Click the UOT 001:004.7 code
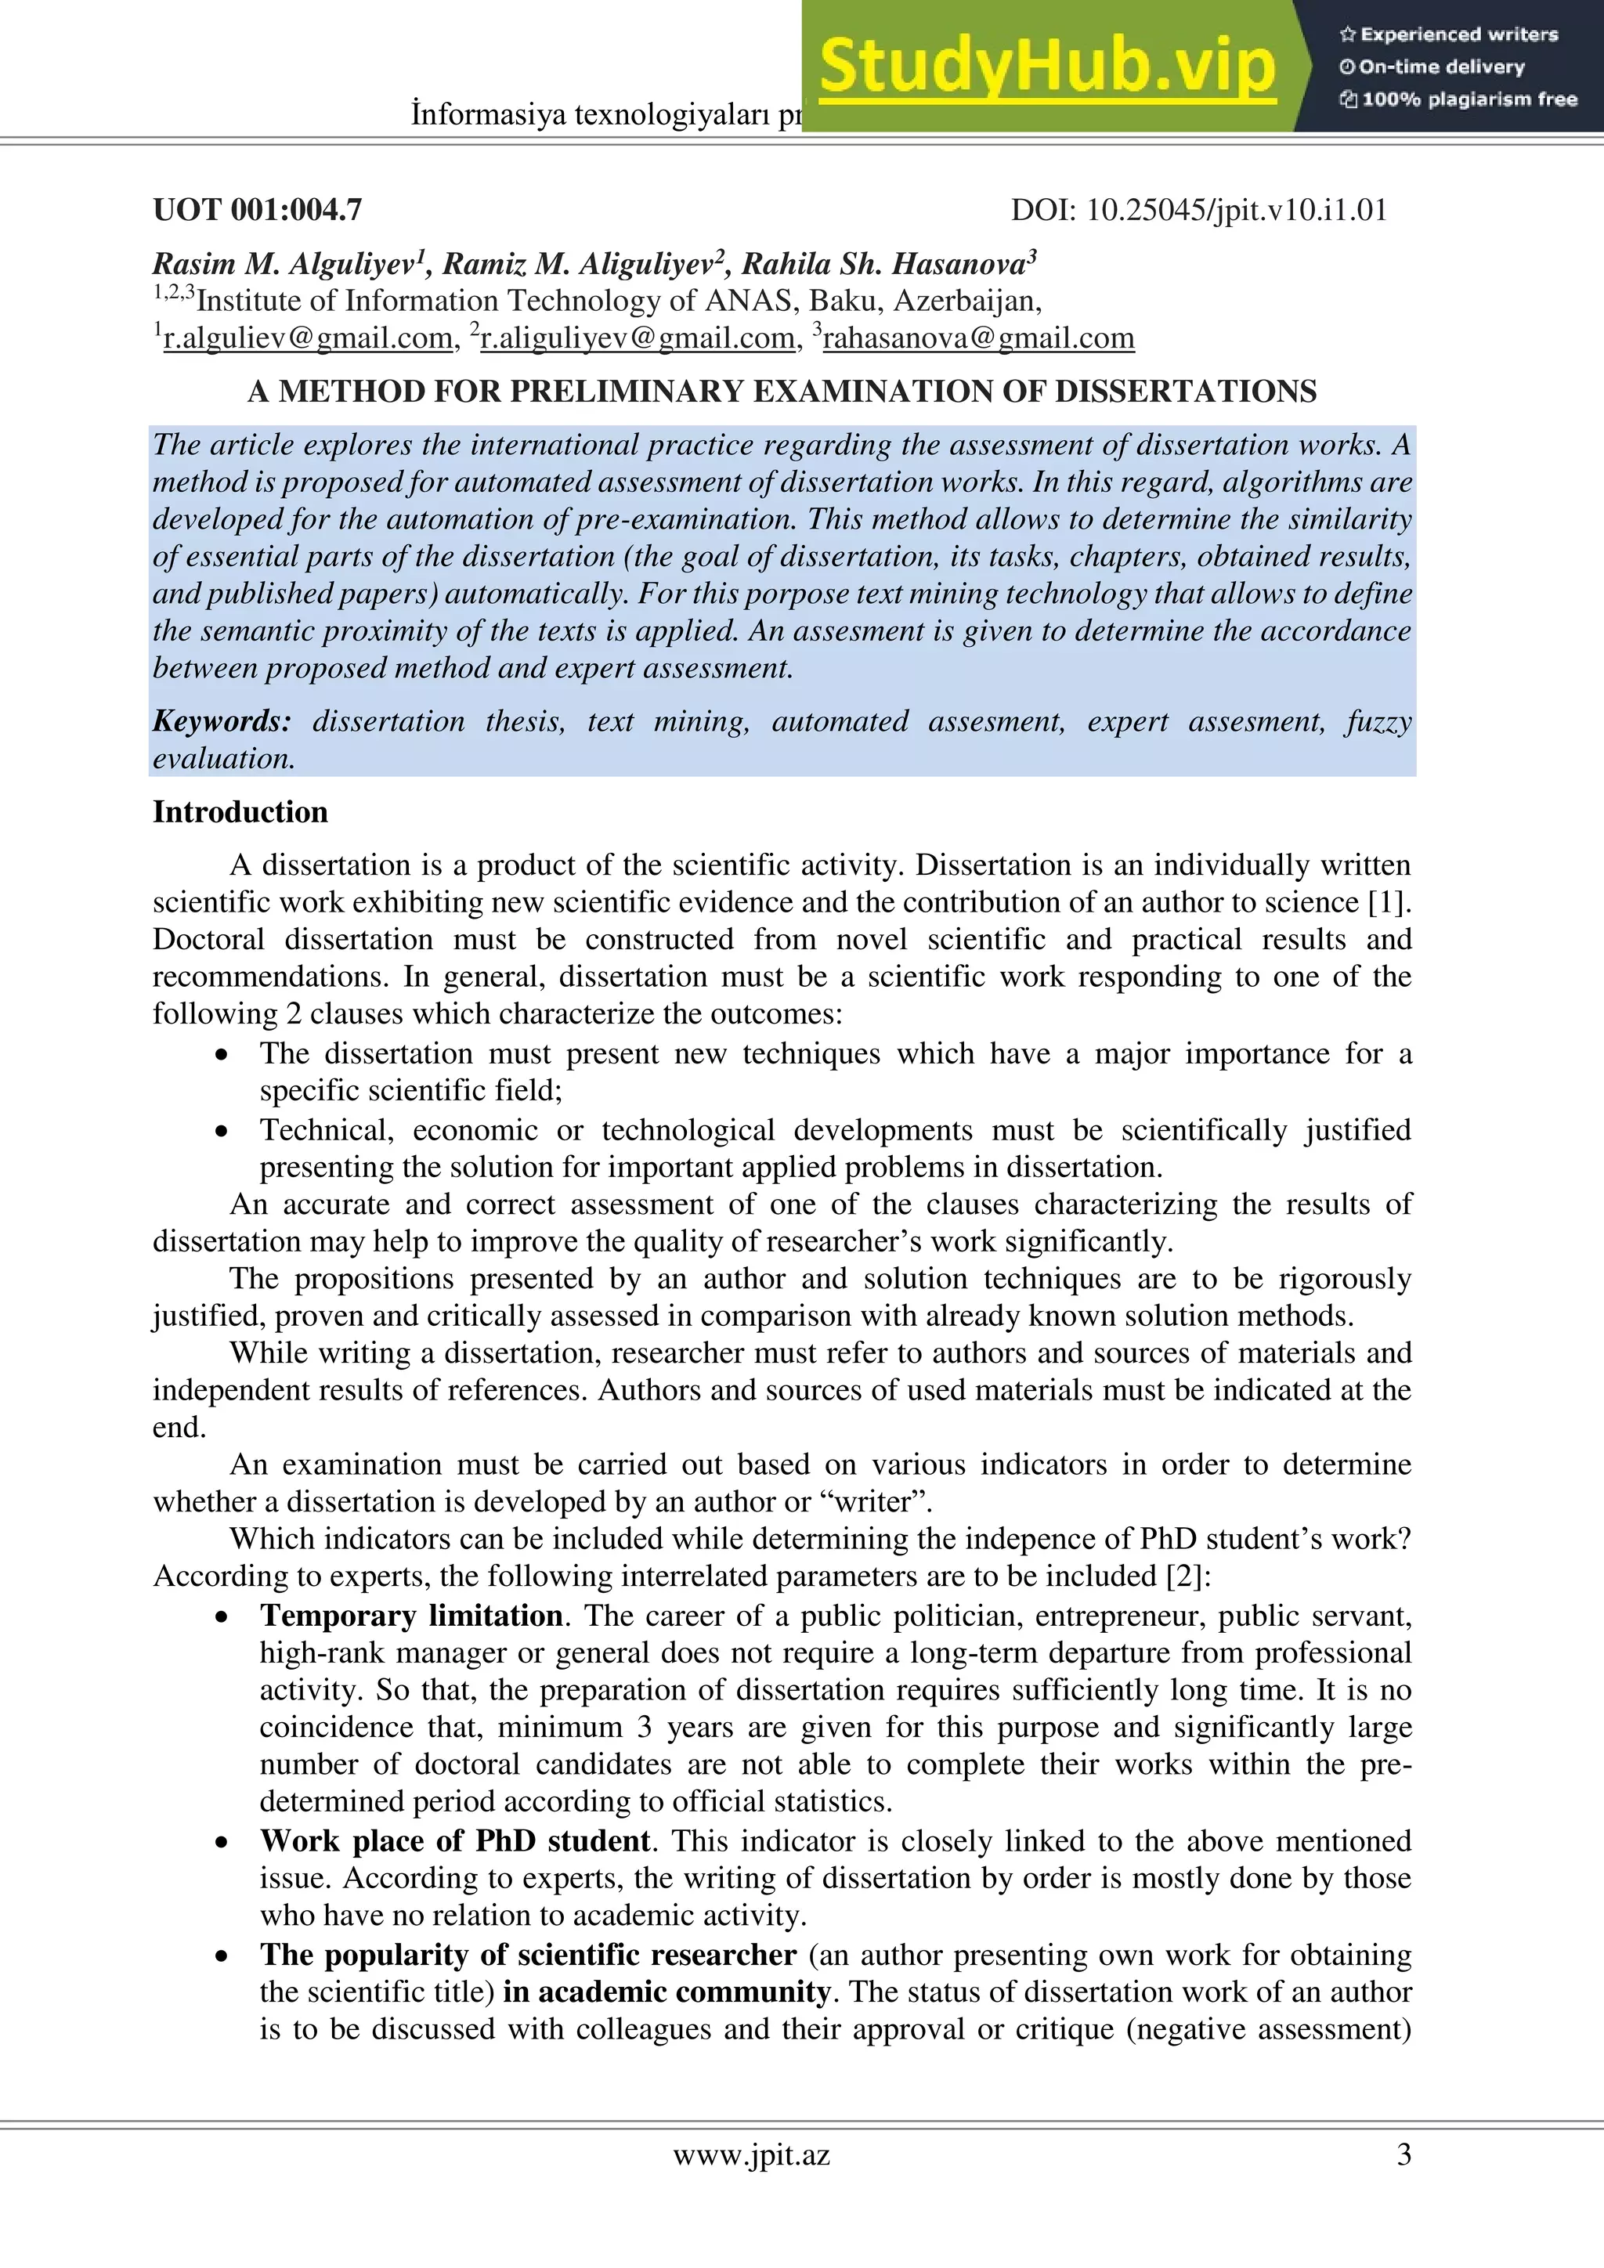click(x=257, y=209)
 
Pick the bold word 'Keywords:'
click(x=221, y=721)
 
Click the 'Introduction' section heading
click(x=240, y=812)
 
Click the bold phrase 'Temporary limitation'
click(x=411, y=1615)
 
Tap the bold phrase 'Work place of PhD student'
click(x=454, y=1840)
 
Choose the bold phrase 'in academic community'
click(x=666, y=1991)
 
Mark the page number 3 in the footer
click(x=1403, y=2154)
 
